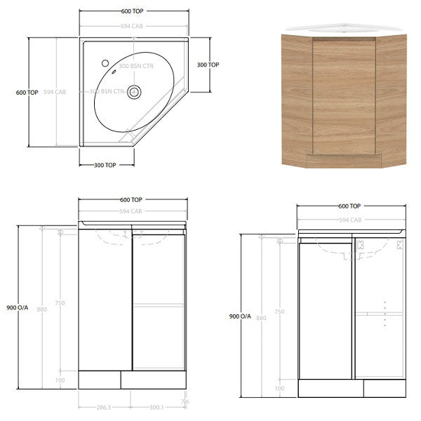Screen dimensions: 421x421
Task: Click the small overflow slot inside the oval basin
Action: point(113,72)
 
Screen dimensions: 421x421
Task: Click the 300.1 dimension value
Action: point(157,406)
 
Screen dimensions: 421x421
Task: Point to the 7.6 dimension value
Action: point(185,402)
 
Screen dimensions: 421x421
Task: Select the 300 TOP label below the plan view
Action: point(105,165)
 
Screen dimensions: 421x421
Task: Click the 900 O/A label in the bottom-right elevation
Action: point(240,316)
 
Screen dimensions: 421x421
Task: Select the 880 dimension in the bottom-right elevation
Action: point(262,318)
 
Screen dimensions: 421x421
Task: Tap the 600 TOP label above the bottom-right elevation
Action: point(349,206)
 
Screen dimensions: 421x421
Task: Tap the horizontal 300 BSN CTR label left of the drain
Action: point(107,91)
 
